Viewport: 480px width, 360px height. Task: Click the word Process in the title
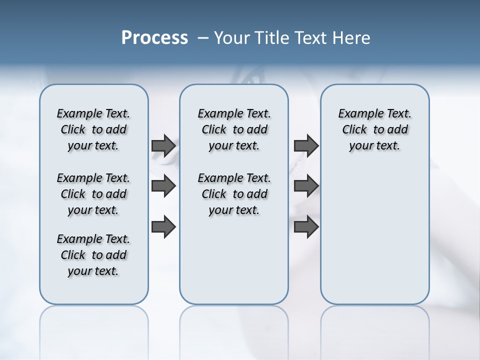(154, 38)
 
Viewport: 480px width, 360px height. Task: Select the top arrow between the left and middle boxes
(163, 145)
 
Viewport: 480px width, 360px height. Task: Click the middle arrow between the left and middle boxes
(163, 186)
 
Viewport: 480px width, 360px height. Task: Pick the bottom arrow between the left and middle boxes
(163, 227)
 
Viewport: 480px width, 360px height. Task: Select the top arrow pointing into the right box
(306, 145)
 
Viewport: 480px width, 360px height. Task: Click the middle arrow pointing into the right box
(306, 186)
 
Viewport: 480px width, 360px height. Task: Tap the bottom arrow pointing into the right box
(306, 227)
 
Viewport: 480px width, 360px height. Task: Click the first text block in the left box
(93, 129)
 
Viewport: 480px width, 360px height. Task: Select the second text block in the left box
(93, 194)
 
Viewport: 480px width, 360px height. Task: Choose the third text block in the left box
(93, 255)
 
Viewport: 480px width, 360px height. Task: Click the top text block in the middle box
(234, 129)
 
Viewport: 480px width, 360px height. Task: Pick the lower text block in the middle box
(234, 194)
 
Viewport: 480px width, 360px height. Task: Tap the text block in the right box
(374, 129)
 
